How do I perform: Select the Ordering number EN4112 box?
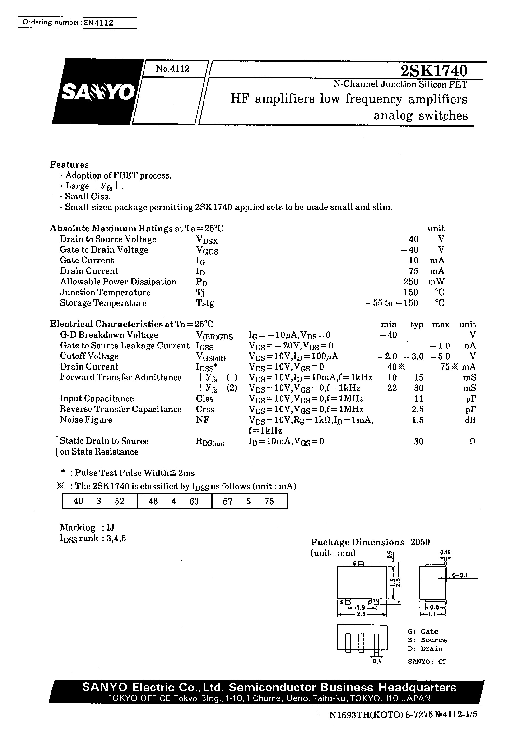[x=77, y=23]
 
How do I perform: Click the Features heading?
[x=69, y=165]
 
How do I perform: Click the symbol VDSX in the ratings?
[x=207, y=240]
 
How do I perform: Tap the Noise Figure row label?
[x=86, y=420]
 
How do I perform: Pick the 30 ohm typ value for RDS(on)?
[x=418, y=442]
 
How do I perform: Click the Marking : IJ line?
[x=87, y=527]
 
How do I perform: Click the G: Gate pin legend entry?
[x=423, y=631]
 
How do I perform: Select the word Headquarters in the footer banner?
[x=417, y=687]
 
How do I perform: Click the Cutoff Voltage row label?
[x=89, y=356]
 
